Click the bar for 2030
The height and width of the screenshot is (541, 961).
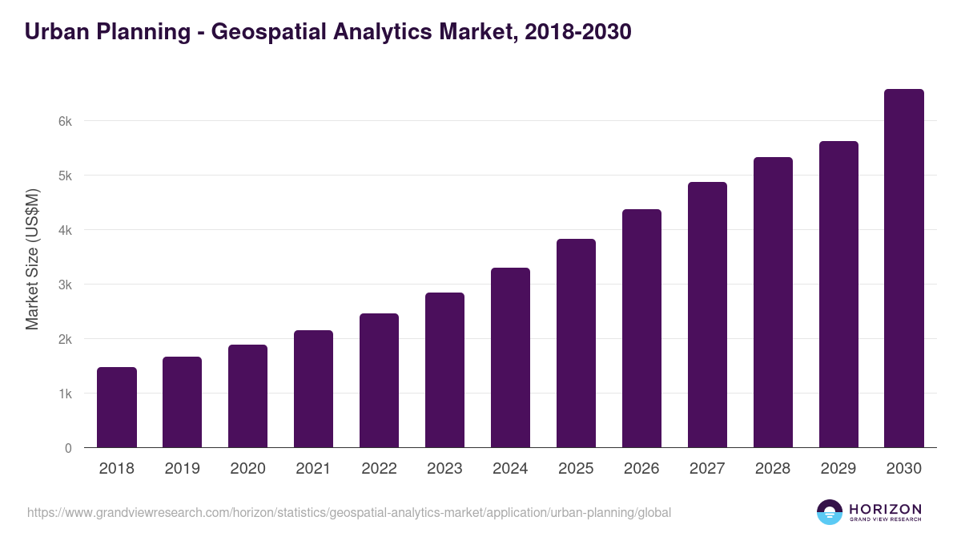(x=904, y=268)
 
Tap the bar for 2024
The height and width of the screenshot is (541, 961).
(x=510, y=357)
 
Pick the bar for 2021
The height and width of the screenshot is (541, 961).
(x=313, y=389)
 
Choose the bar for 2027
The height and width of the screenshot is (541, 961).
(x=707, y=315)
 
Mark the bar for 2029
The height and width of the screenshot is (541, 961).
(x=838, y=294)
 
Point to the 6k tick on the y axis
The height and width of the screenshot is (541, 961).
(x=65, y=121)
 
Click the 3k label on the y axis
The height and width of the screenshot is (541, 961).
(x=65, y=285)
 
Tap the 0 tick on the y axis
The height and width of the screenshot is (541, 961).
(x=68, y=448)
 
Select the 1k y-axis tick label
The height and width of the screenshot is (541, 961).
(x=65, y=394)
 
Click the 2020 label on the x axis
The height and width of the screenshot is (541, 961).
(x=247, y=469)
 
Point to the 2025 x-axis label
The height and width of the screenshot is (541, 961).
(x=576, y=469)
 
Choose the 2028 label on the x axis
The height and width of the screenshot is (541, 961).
(x=773, y=469)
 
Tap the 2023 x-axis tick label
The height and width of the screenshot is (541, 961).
(x=444, y=469)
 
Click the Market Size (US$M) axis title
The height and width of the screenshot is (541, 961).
(x=32, y=259)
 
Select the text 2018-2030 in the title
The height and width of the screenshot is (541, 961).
(x=577, y=32)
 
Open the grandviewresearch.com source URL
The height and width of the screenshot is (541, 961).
(x=349, y=512)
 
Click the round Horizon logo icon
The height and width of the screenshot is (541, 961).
(x=830, y=512)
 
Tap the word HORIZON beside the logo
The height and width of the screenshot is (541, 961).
(x=885, y=509)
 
